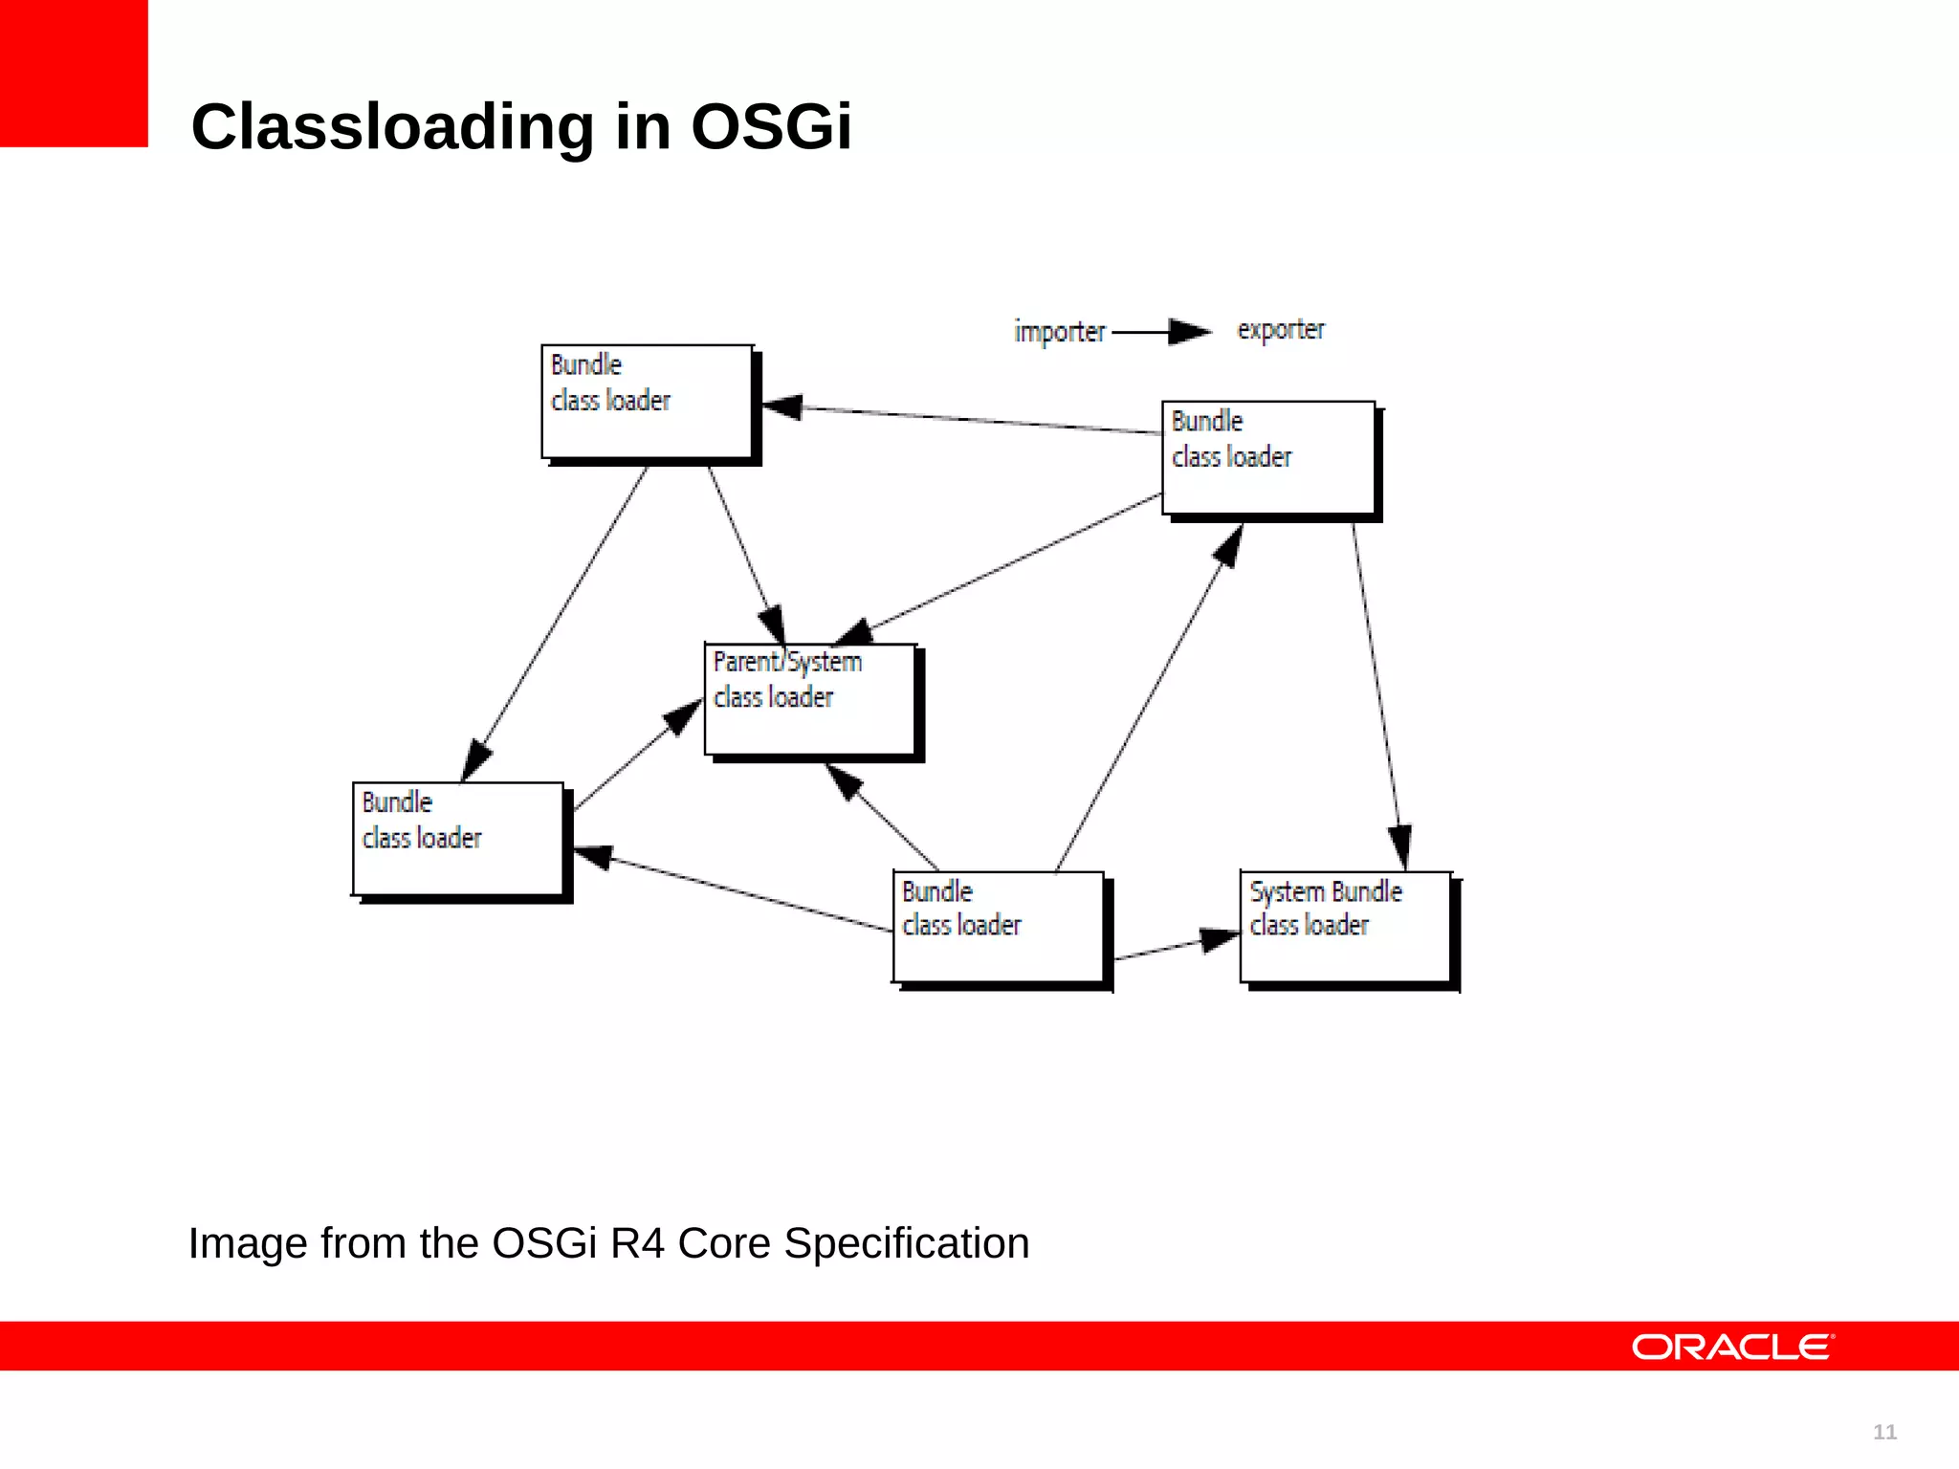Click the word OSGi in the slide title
tap(770, 126)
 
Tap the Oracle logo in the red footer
tap(1732, 1347)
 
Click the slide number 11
tap(1884, 1432)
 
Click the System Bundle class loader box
tap(1346, 927)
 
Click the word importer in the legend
tap(1059, 332)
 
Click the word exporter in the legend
tap(1281, 330)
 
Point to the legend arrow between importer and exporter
tap(1161, 332)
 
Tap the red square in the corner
tap(74, 73)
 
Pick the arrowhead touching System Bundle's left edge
tap(1221, 938)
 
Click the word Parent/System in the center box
tap(787, 662)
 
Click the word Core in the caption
tap(724, 1243)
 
